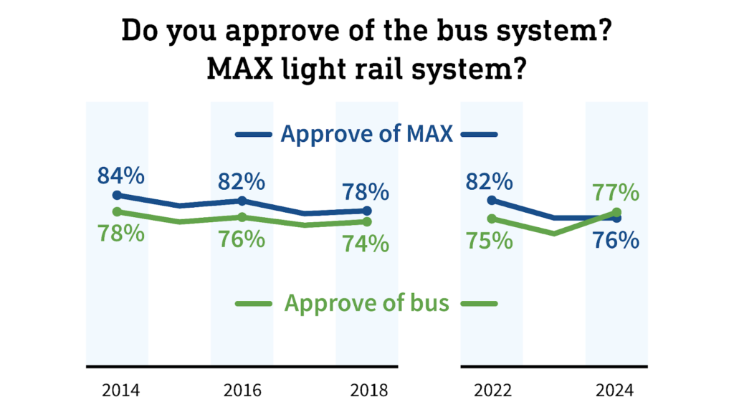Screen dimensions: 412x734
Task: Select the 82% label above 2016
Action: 242,181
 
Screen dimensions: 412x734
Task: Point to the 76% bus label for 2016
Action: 242,239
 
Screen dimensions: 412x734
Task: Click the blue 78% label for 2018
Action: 366,191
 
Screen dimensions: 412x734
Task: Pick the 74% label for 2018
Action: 366,244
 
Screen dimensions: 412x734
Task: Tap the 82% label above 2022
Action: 490,181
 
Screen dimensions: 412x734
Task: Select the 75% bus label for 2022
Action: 490,240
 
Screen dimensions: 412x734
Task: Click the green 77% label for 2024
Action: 616,192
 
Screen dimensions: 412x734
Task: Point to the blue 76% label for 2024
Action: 616,240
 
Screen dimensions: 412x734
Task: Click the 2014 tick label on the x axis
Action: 118,391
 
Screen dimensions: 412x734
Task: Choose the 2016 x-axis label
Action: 242,391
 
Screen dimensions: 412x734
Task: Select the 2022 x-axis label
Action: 492,391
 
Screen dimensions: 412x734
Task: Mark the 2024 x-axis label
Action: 616,391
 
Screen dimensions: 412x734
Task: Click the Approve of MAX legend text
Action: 366,134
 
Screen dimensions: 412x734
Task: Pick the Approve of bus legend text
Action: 366,303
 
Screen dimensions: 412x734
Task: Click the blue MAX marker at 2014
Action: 118,195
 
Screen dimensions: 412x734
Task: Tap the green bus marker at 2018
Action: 367,221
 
